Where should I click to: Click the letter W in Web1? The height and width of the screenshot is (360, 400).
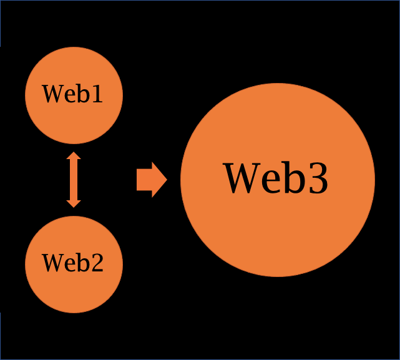pos(53,95)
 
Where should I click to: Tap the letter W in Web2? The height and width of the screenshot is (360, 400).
pos(53,263)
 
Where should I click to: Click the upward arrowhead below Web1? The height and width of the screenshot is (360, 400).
pos(74,156)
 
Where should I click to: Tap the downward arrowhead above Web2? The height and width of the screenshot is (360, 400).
pos(74,202)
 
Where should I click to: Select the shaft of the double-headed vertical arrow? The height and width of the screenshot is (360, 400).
pos(74,179)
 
